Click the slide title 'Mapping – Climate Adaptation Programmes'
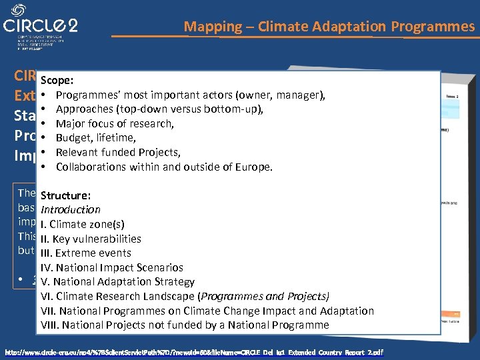pyautogui.click(x=329, y=27)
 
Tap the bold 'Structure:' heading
pyautogui.click(x=65, y=195)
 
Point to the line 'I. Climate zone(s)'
pyautogui.click(x=82, y=224)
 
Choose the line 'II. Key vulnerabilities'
pyautogui.click(x=91, y=239)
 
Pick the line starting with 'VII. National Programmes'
pyautogui.click(x=207, y=311)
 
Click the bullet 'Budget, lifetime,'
pyautogui.click(x=96, y=138)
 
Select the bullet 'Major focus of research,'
pyautogui.click(x=115, y=123)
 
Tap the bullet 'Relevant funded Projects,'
pyautogui.click(x=119, y=152)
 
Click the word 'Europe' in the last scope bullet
pyautogui.click(x=253, y=167)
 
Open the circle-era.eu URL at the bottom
pyautogui.click(x=193, y=351)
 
